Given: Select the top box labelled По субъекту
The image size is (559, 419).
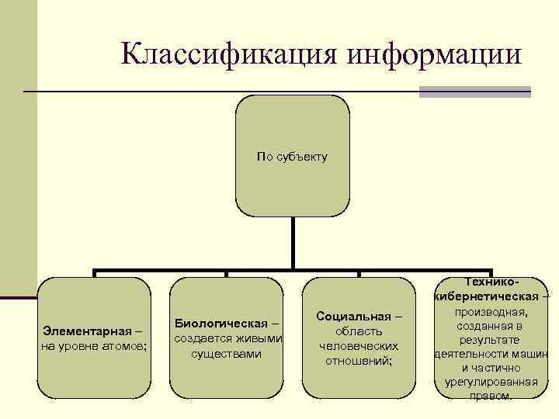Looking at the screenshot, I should [293, 156].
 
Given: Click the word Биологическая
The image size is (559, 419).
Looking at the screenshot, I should [220, 323].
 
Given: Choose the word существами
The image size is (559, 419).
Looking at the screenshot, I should [226, 354].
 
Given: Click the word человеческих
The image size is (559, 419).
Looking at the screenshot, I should [359, 346].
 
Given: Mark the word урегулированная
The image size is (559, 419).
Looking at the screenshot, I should [491, 381].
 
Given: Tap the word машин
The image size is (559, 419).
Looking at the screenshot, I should [531, 354].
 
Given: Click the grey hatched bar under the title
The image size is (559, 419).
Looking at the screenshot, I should [474, 92].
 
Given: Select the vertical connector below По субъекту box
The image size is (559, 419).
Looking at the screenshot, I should [293, 242].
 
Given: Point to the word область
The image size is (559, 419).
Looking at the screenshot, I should [359, 331].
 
